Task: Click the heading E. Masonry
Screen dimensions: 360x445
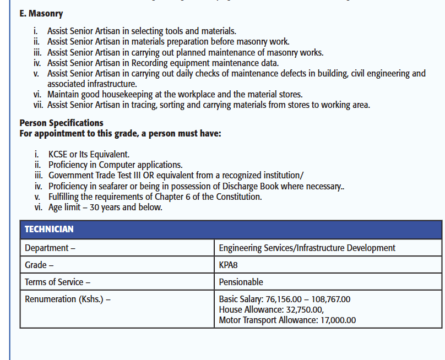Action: [x=41, y=13]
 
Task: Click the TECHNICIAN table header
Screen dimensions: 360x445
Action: [x=49, y=229]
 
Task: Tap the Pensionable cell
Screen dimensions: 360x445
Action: [x=241, y=282]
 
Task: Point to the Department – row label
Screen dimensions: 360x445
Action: [x=50, y=248]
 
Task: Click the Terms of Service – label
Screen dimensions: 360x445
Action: [x=57, y=282]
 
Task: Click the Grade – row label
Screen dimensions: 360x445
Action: [x=39, y=265]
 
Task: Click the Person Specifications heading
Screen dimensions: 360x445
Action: [x=61, y=123]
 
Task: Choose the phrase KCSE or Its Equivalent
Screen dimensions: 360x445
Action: [x=89, y=154]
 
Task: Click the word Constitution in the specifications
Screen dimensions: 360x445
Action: [x=238, y=197]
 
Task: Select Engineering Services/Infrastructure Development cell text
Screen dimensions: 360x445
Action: [x=307, y=248]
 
